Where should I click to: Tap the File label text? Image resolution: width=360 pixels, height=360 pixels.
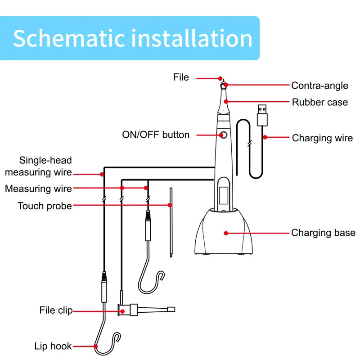coord(181,77)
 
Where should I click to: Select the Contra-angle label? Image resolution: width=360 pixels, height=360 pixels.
coord(319,85)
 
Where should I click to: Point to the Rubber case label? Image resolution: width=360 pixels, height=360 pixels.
coord(319,102)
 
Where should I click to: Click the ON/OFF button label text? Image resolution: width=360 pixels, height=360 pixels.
coord(156,135)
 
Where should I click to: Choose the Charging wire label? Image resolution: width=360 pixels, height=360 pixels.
coord(322,138)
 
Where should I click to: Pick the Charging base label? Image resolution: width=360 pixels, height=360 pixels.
coord(323,233)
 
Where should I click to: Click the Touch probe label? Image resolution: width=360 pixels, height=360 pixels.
coord(45,206)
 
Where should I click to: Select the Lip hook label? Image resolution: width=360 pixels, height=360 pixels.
coord(53,346)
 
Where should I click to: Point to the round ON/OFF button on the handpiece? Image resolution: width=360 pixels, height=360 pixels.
coord(223,135)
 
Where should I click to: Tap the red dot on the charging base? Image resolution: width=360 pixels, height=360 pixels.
coord(226,233)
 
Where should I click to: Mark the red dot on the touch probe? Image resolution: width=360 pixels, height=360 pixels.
coord(170,206)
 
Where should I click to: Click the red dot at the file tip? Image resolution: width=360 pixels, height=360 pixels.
coord(220,78)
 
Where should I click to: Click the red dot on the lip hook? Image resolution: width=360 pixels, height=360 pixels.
coord(96,346)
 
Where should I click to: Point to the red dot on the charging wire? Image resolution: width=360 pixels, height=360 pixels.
coord(266,137)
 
